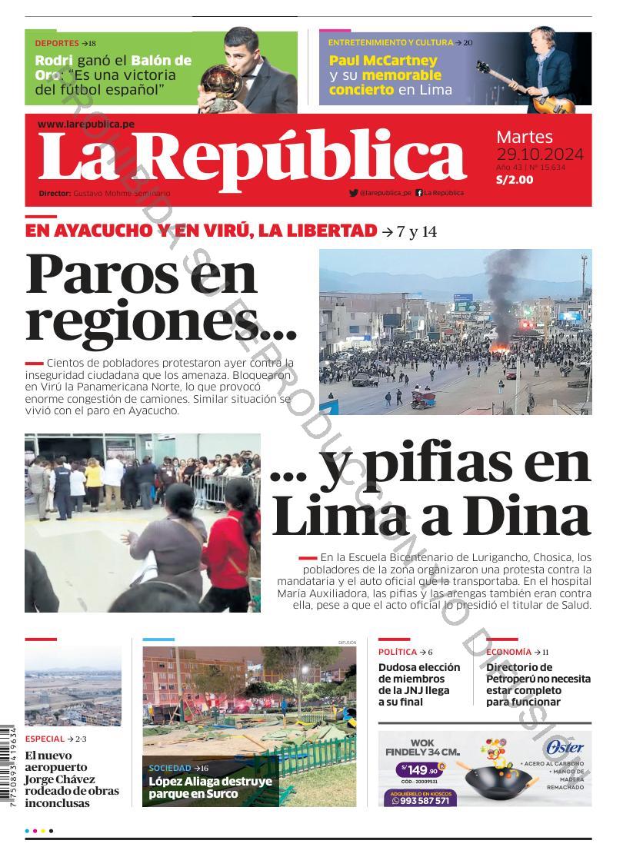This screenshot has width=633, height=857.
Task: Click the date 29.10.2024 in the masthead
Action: pos(539,154)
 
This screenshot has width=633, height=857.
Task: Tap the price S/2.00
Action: pos(515,180)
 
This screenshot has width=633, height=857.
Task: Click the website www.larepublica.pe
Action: pos(85,124)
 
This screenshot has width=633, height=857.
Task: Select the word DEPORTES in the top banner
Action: pos(57,43)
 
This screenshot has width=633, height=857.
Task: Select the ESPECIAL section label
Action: pos(45,739)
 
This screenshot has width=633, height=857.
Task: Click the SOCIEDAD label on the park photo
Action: pos(170,768)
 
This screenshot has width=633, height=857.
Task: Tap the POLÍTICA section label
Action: pos(397,652)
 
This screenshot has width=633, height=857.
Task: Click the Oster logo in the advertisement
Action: pos(565,748)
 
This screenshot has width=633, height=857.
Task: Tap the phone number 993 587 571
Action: pos(421,800)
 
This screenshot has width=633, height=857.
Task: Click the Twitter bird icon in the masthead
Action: pos(353,193)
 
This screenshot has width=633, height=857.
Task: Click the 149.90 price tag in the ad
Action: pos(421,769)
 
